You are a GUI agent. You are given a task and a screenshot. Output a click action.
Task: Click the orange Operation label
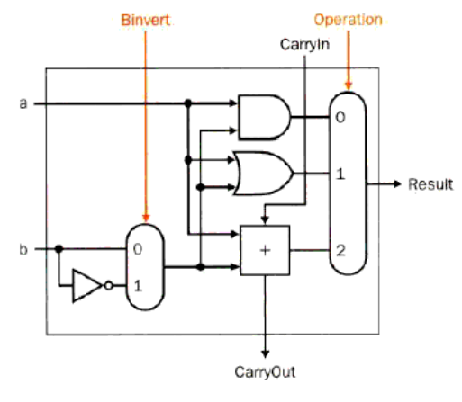[x=346, y=19]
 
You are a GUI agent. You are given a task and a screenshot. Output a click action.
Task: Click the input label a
[x=23, y=103]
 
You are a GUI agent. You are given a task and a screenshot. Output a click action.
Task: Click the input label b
[x=23, y=248]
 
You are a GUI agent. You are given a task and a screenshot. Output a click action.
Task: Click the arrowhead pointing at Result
[x=396, y=184]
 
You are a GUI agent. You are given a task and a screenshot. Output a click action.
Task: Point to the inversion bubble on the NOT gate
[x=109, y=286]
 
